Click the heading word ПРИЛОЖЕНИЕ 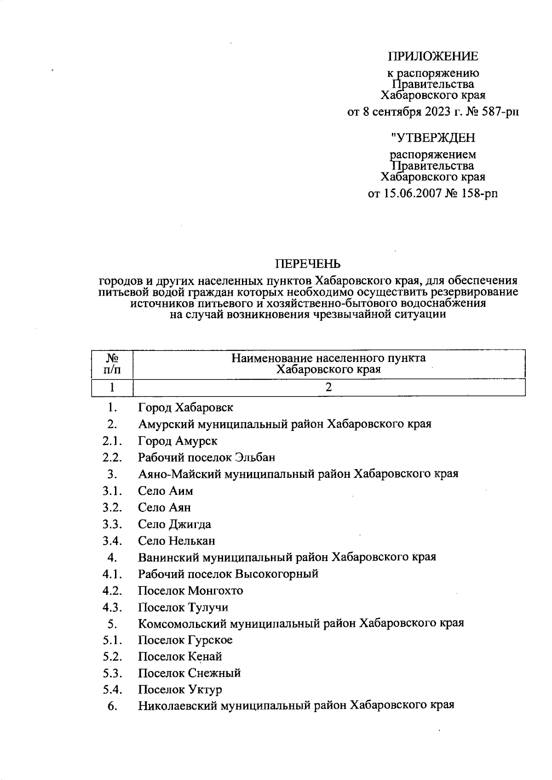[x=433, y=57]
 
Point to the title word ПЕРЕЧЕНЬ [x=308, y=264]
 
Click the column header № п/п [x=112, y=363]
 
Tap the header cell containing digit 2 [x=328, y=387]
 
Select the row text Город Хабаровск [x=185, y=407]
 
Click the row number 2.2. [x=112, y=458]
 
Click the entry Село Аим [x=166, y=491]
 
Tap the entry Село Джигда [x=174, y=524]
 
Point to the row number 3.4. [x=112, y=541]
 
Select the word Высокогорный [x=277, y=574]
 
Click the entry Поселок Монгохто [x=190, y=591]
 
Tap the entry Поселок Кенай [x=180, y=657]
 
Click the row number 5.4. [x=112, y=690]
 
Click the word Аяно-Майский [x=179, y=474]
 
